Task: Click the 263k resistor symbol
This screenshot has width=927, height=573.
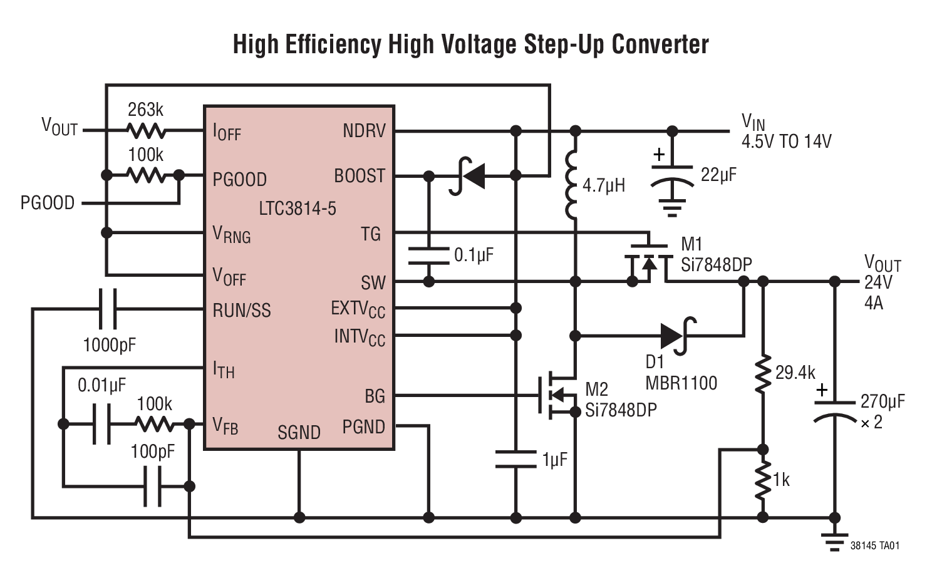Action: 147,130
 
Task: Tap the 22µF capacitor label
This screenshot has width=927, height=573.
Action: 718,175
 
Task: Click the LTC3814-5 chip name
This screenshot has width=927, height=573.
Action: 297,208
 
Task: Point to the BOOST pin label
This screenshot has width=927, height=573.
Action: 359,176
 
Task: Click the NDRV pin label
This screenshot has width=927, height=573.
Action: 364,131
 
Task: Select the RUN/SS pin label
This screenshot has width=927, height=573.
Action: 242,310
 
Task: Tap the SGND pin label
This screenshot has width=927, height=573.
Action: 299,432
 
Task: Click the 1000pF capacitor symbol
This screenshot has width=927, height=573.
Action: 108,309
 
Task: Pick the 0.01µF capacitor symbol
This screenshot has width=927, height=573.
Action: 101,424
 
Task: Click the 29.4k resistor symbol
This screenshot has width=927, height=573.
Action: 762,374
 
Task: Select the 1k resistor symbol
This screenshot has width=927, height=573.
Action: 762,481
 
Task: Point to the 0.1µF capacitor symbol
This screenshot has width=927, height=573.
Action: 428,255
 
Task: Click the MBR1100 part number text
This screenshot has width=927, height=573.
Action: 681,383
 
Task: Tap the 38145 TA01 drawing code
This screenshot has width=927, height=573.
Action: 874,545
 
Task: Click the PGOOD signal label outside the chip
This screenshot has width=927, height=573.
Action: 48,203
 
